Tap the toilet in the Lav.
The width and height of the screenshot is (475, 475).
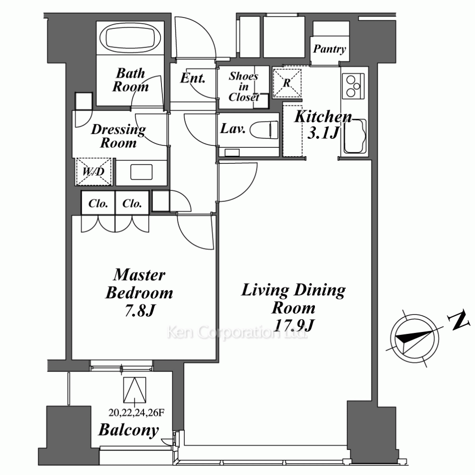tap(264, 130)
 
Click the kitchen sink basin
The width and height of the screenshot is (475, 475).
tap(355, 136)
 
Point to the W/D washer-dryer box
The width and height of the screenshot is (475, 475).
tap(94, 171)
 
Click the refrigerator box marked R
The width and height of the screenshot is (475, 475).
tap(287, 83)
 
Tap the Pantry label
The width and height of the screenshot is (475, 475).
tap(330, 49)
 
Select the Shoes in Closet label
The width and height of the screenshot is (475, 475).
tap(244, 86)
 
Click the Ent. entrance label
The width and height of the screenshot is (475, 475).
tap(193, 78)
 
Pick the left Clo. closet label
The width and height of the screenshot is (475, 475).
tap(98, 203)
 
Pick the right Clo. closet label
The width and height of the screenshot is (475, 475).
tap(132, 203)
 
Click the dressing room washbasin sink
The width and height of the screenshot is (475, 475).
tap(142, 172)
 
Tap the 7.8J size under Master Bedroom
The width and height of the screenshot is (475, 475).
tap(140, 311)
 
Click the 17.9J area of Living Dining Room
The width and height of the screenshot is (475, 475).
tap(294, 326)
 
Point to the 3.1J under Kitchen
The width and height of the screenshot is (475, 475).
tap(323, 133)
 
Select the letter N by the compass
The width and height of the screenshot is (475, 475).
tap(458, 321)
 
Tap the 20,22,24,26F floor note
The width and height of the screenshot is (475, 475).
tap(136, 413)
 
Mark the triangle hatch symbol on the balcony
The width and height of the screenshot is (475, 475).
tap(135, 390)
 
